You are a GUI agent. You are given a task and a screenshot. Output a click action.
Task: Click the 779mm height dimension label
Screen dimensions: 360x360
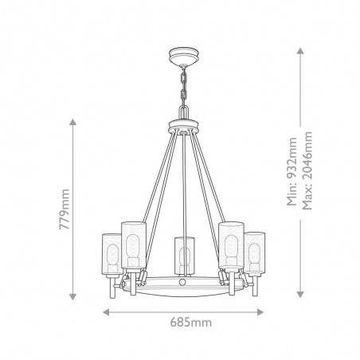point(65,209)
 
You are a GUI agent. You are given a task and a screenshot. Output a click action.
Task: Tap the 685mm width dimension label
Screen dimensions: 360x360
point(191,323)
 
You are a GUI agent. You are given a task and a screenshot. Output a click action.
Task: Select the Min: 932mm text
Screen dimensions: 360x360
point(292,171)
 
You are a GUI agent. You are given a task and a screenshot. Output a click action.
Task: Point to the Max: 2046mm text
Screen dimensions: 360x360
point(307,170)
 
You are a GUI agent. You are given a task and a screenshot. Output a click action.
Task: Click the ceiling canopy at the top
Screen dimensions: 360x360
point(184,56)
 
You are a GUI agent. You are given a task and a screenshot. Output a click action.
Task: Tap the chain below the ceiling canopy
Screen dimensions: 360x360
point(184,85)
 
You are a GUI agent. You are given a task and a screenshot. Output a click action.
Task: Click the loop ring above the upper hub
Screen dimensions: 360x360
point(184,112)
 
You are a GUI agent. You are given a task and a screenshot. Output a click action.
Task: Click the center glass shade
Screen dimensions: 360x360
point(184,256)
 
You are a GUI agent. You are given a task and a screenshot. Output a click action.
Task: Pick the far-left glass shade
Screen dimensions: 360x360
point(112,254)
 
